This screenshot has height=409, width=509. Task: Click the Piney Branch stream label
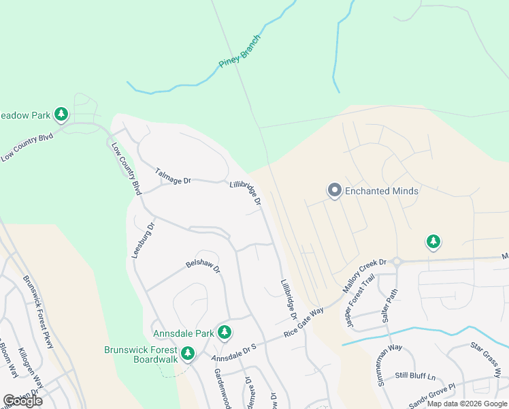(x=240, y=52)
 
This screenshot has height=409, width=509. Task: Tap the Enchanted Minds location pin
(x=334, y=191)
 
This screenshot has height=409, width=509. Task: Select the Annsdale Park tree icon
(x=225, y=333)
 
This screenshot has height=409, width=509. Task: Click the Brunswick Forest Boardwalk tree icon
(x=188, y=354)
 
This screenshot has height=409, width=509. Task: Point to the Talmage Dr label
(x=174, y=176)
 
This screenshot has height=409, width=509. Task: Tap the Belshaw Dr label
(x=203, y=266)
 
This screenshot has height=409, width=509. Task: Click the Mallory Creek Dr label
(x=364, y=274)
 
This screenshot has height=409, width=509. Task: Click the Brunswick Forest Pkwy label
(x=38, y=312)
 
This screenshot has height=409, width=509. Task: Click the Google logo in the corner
(x=23, y=401)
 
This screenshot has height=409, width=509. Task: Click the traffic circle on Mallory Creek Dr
(x=397, y=261)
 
